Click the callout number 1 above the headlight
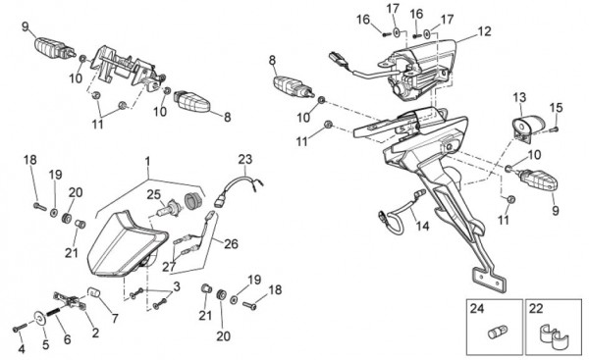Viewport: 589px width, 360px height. coord(147,162)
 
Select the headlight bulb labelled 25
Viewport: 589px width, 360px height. coord(168,208)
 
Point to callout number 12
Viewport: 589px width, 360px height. coord(484,31)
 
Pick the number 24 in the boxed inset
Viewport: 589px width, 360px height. coord(477,309)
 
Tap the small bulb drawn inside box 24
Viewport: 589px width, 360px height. coord(498,333)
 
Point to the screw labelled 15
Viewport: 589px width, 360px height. coord(554,129)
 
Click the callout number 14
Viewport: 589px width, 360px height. coord(422,226)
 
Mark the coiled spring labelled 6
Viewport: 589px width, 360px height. coord(55,316)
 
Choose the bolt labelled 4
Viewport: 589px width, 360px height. coord(20,328)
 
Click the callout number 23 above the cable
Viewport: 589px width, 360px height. coord(245,159)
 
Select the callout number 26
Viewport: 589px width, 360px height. coord(231,244)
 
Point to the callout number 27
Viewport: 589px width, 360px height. coord(169,267)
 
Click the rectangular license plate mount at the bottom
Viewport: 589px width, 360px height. coord(489,279)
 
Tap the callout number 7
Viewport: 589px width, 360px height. coord(115,319)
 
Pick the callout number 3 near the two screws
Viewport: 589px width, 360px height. coord(177,286)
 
